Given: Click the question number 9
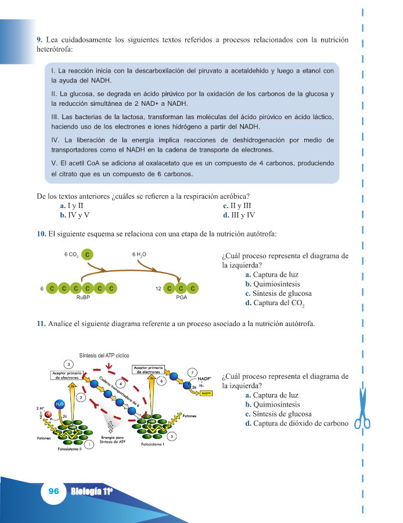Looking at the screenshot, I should click(x=39, y=40).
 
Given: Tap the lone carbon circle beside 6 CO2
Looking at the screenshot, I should click(x=87, y=254).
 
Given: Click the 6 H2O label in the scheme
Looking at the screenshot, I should click(x=139, y=254).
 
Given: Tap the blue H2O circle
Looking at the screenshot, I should click(x=59, y=403).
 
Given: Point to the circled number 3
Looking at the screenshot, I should click(x=69, y=364).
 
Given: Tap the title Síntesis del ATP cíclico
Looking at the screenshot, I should click(x=104, y=354).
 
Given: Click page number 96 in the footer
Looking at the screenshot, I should click(x=53, y=490).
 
